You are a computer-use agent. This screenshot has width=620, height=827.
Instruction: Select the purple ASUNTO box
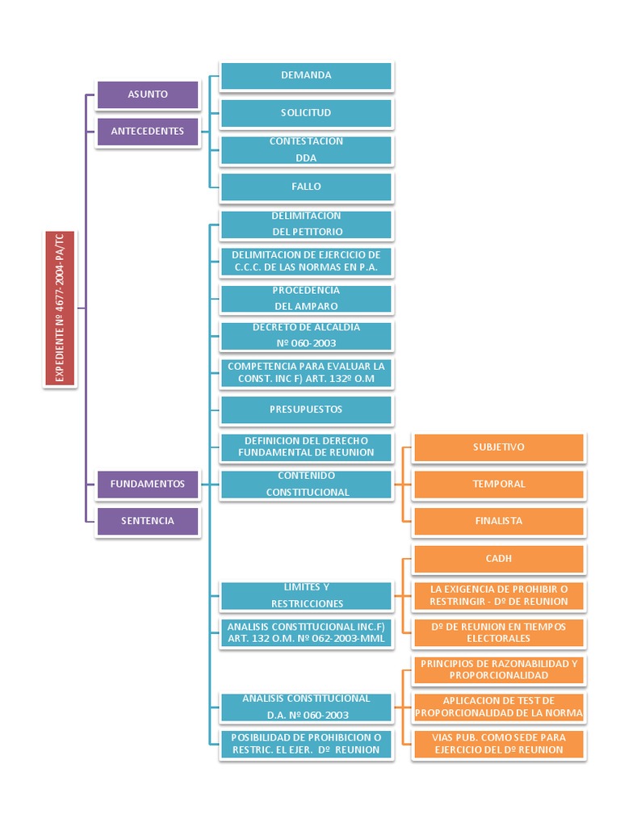(x=148, y=94)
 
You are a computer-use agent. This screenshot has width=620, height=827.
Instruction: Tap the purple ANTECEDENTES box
(x=148, y=131)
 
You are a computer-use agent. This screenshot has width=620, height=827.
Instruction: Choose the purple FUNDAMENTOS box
(x=148, y=484)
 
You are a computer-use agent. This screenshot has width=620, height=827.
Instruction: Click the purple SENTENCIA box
(x=148, y=521)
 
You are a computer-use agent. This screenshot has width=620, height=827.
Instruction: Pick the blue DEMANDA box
(x=306, y=75)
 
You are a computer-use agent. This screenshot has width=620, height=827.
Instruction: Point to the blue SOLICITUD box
(x=306, y=112)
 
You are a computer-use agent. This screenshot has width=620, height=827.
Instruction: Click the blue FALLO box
(x=306, y=187)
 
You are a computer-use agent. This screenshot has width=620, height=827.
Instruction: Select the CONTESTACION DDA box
(x=306, y=149)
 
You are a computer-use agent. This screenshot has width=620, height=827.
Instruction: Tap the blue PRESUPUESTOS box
(x=306, y=409)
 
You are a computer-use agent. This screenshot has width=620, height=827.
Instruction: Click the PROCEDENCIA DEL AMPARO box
(x=306, y=298)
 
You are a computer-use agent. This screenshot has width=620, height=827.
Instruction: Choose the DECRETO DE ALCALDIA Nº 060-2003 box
(x=306, y=335)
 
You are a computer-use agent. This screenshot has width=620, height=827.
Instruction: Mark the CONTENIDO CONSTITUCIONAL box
(x=306, y=484)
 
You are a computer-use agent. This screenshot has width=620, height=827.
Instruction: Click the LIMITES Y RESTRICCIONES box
(x=306, y=595)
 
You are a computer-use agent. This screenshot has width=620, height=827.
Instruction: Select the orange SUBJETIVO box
(x=499, y=447)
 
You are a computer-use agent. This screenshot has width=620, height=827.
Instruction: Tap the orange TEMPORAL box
(x=499, y=484)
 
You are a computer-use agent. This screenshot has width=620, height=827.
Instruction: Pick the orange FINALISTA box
(x=499, y=521)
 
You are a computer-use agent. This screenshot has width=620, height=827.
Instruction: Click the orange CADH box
(x=499, y=558)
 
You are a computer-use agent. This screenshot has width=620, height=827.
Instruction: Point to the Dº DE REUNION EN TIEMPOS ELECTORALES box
(x=499, y=632)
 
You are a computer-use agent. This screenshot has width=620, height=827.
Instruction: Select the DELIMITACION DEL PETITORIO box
(x=306, y=224)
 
